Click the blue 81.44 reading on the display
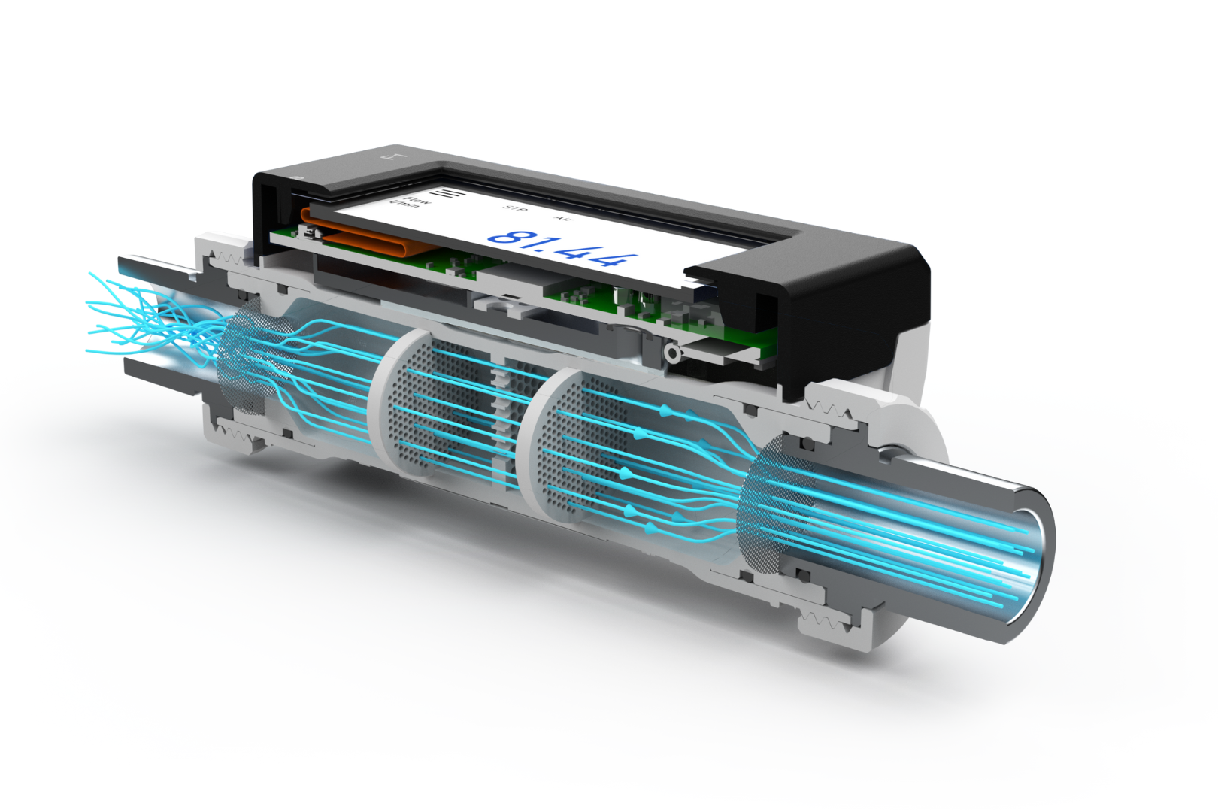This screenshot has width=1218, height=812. click(563, 246)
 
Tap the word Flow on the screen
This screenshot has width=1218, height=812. click(417, 201)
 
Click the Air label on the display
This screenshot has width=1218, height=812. click(562, 218)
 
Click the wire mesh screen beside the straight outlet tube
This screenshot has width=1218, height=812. click(774, 504)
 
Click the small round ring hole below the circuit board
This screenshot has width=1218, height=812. click(671, 352)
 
